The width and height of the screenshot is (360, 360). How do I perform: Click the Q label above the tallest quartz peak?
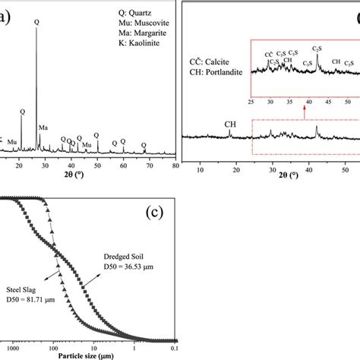pyautogui.click(x=36, y=22)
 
